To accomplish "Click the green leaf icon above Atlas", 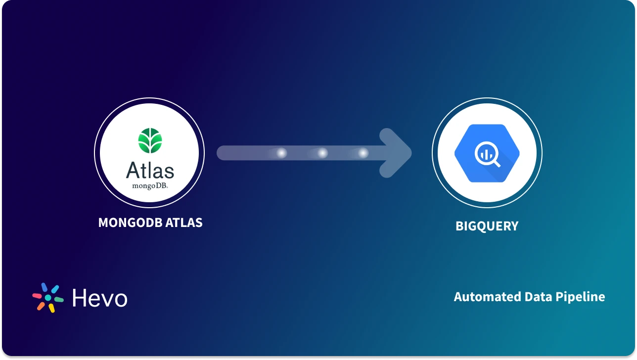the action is [x=150, y=140].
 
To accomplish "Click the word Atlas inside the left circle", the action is [x=150, y=171].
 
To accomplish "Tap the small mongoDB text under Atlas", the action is [x=150, y=186].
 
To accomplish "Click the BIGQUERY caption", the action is [x=487, y=226].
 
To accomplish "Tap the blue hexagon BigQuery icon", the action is [x=487, y=153].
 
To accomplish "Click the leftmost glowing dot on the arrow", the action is [x=281, y=153].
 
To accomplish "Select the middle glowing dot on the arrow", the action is [x=322, y=153].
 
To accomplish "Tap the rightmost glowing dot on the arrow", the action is [x=363, y=153].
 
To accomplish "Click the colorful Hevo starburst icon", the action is [x=48, y=298].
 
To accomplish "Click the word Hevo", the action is [x=100, y=298].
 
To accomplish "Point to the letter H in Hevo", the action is [x=80, y=298].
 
